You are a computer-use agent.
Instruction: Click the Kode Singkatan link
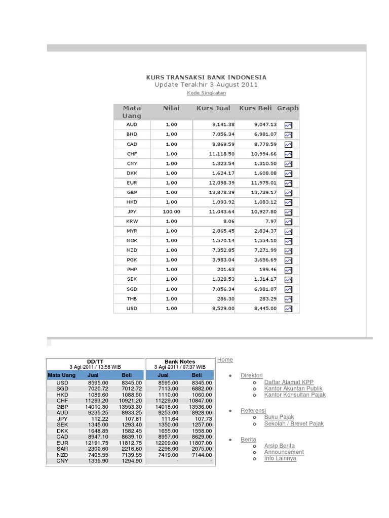[206, 93]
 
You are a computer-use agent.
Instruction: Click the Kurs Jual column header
[213, 108]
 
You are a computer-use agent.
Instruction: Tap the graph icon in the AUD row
[288, 125]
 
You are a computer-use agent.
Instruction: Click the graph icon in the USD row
[288, 309]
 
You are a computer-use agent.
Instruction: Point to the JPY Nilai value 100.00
[171, 212]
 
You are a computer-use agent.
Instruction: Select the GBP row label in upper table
[132, 193]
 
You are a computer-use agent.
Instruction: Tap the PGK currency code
[132, 260]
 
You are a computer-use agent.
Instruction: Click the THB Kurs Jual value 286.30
[226, 299]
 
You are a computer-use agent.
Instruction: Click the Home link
[225, 360]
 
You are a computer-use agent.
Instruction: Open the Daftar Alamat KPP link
[289, 382]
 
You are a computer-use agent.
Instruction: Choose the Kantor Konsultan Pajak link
[295, 395]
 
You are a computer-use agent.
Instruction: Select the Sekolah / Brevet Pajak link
[294, 423]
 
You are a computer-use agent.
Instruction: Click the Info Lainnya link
[280, 458]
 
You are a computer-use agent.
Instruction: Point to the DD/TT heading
[95, 361]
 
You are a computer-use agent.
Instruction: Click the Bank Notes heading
[180, 362]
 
